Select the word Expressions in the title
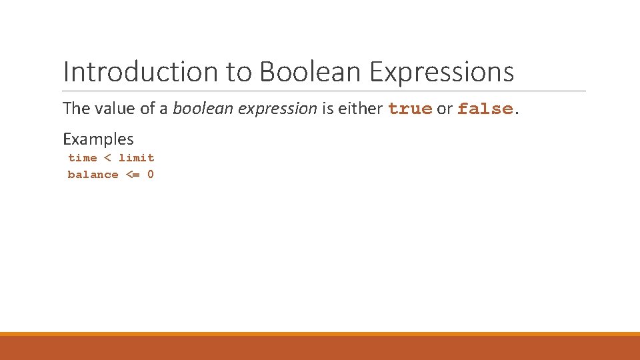click(441, 72)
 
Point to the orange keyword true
click(410, 108)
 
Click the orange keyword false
click(485, 108)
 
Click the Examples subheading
click(98, 139)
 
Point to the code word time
click(83, 158)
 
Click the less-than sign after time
click(109, 158)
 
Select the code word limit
click(137, 158)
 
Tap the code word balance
click(93, 175)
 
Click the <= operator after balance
click(133, 175)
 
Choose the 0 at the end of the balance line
click(151, 175)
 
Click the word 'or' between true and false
click(445, 108)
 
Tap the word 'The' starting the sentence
click(75, 108)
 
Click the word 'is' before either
click(327, 108)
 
